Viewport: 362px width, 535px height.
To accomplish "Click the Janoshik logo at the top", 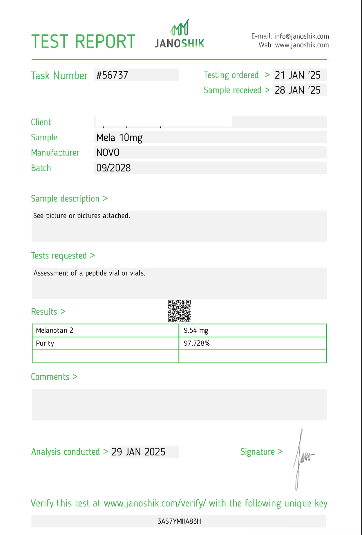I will tap(179, 34).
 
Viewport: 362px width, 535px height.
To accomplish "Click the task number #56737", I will tap(112, 75).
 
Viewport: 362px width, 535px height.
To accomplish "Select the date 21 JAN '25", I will tap(297, 75).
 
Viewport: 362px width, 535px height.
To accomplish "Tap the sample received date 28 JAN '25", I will tap(297, 90).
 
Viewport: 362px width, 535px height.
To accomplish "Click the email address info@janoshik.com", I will tap(301, 36).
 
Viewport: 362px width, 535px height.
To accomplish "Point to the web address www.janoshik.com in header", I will tap(301, 45).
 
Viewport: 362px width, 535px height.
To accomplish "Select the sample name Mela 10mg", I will tap(119, 137).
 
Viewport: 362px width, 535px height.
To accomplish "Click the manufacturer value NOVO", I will tap(108, 153).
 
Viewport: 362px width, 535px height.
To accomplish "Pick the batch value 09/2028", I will tap(113, 168).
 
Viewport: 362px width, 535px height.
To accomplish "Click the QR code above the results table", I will tap(179, 311).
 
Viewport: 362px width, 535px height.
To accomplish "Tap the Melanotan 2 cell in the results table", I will tap(54, 330).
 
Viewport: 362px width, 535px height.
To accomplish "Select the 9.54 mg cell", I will tap(196, 330).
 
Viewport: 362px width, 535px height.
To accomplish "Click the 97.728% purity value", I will tap(197, 343).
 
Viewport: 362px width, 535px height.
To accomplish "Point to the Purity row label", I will tap(45, 343).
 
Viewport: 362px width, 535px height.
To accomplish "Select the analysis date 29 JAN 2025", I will tap(138, 452).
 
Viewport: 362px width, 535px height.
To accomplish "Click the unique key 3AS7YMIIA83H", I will tap(179, 521).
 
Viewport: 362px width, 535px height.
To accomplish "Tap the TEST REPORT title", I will tap(84, 42).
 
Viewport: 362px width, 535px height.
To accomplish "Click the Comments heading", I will tap(50, 377).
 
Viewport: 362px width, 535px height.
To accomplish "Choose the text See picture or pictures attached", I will tap(82, 216).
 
